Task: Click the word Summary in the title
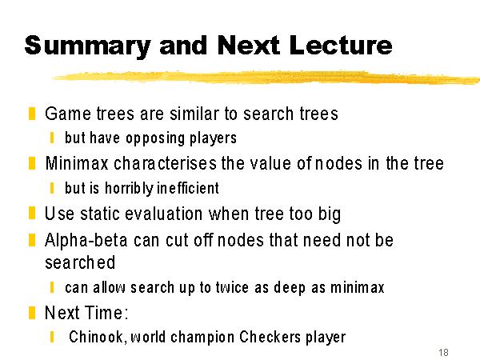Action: (87, 46)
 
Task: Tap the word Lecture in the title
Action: (341, 45)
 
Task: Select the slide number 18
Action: (443, 352)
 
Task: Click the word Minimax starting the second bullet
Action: (77, 163)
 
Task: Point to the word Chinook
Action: (98, 337)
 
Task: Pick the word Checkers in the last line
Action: (270, 337)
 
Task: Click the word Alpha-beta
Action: (86, 240)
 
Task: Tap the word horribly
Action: (129, 188)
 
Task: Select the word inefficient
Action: (188, 188)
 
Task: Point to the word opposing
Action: (155, 138)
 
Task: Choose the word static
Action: (99, 214)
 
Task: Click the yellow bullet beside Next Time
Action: (32, 313)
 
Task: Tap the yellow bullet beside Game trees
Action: (32, 114)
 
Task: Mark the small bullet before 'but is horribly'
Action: (52, 188)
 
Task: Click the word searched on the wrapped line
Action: (80, 262)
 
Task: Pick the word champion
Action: (203, 337)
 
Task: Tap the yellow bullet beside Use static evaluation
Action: (32, 213)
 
